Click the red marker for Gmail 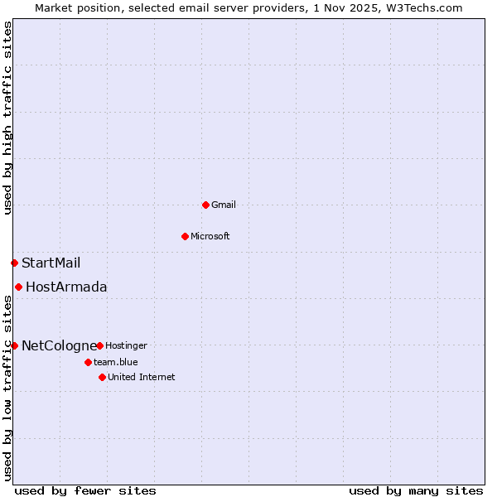[x=205, y=205]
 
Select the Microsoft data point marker [x=185, y=236]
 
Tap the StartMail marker [x=14, y=263]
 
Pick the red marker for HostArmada [x=18, y=287]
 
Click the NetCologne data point [x=14, y=345]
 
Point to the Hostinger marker [x=99, y=345]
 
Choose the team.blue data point [x=88, y=362]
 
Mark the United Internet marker [x=102, y=377]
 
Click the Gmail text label [x=224, y=205]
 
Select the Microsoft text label [x=210, y=236]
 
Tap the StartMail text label [x=51, y=263]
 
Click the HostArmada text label [x=66, y=287]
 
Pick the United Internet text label [x=142, y=377]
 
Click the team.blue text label [x=116, y=362]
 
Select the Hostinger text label [x=126, y=345]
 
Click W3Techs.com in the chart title [x=417, y=7]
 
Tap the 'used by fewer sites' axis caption [x=85, y=490]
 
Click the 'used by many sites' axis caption [x=416, y=490]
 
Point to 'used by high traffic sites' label [x=7, y=118]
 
